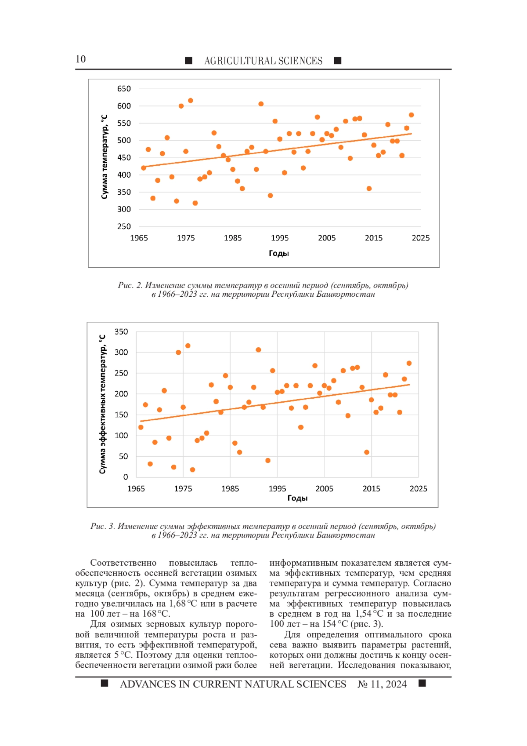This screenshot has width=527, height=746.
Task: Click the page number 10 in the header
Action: [x=80, y=59]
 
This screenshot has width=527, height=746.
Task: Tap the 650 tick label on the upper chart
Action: [x=124, y=89]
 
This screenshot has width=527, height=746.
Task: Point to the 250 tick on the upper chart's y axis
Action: [x=124, y=226]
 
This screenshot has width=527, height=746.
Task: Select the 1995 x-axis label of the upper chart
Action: [x=280, y=238]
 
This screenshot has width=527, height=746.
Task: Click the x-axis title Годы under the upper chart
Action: [x=279, y=253]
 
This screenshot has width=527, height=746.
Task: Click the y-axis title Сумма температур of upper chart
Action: [x=104, y=157]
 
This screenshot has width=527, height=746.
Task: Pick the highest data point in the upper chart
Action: [x=191, y=101]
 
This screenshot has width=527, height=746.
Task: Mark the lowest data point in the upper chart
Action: [x=195, y=203]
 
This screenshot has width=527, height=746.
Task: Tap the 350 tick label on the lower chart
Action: [x=121, y=332]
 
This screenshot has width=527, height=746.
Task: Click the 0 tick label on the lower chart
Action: [x=126, y=477]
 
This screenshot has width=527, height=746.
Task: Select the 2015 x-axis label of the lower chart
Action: [x=372, y=488]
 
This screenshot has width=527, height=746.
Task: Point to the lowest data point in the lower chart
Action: [x=192, y=470]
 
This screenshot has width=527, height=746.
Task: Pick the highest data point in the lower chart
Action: [x=188, y=346]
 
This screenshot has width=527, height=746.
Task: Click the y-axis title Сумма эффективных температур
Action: [x=102, y=404]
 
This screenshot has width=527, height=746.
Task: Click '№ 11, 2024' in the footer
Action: [x=382, y=684]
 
